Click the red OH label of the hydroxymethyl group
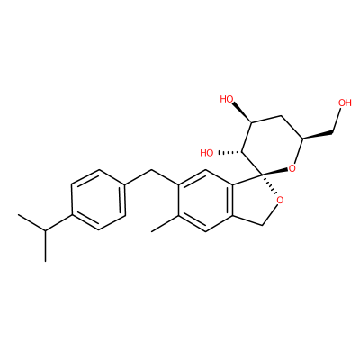pyautogui.click(x=345, y=103)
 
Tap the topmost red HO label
pyautogui.click(x=227, y=99)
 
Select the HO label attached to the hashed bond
pyautogui.click(x=207, y=153)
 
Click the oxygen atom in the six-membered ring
pyautogui.click(x=292, y=168)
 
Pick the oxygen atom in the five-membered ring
pyautogui.click(x=280, y=200)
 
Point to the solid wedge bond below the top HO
pyautogui.click(x=242, y=112)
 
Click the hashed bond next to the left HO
pyautogui.click(x=230, y=153)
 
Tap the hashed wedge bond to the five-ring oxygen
pyautogui.click(x=269, y=184)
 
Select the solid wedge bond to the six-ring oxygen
pyautogui.click(x=275, y=172)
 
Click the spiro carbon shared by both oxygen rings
pyautogui.click(x=263, y=175)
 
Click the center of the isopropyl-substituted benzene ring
pyautogui.click(x=98, y=200)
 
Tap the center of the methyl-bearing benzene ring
pyautogui.click(x=205, y=201)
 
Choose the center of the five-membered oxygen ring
pyautogui.click(x=255, y=201)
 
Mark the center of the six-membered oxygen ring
pyautogui.click(x=273, y=145)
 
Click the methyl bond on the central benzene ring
pyautogui.click(x=165, y=223)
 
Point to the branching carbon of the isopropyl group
pyautogui.click(x=45, y=230)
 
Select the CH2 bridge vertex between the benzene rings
pyautogui.click(x=152, y=170)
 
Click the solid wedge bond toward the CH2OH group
pyautogui.click(x=319, y=135)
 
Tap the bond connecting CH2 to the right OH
pyautogui.click(x=337, y=120)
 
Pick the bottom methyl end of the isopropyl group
pyautogui.click(x=45, y=261)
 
